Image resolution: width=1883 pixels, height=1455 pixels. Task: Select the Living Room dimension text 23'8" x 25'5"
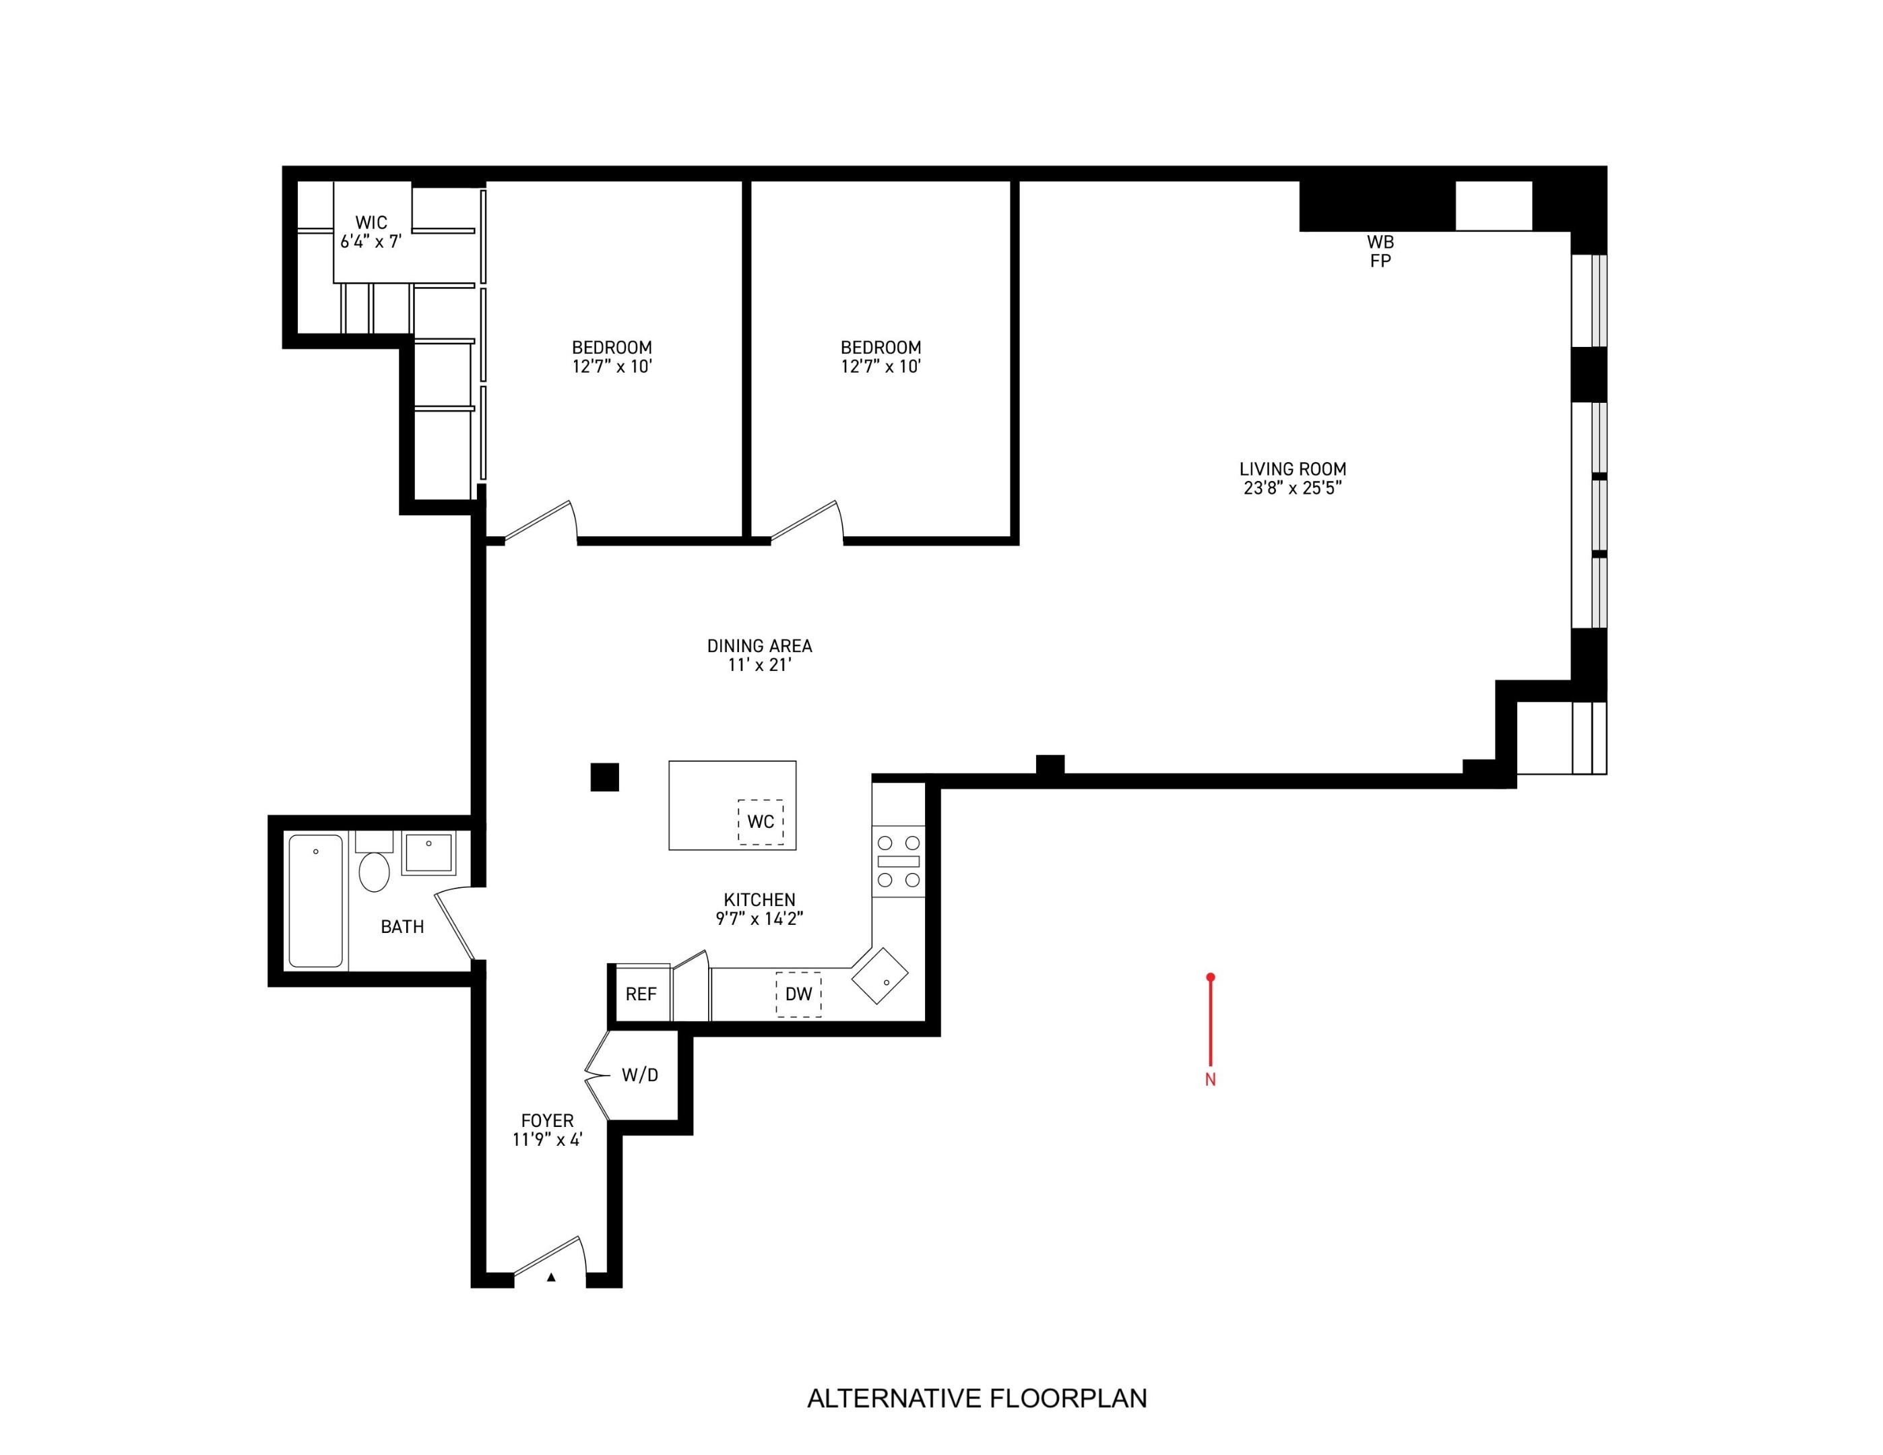point(1292,488)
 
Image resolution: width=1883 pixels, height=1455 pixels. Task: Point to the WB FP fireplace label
point(1380,251)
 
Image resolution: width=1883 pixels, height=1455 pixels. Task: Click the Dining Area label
point(759,645)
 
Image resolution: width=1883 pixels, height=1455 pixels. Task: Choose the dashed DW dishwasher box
point(798,994)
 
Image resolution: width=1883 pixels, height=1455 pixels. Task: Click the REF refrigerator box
point(641,994)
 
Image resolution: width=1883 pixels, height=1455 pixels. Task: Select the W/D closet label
point(640,1075)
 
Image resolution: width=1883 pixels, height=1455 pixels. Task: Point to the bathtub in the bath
point(315,901)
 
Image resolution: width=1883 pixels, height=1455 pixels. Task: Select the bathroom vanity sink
point(428,853)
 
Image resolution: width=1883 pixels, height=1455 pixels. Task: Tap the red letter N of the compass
point(1211,1080)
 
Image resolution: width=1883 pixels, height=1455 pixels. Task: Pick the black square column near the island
point(604,777)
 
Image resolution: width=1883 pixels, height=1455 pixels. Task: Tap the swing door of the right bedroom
point(807,521)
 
